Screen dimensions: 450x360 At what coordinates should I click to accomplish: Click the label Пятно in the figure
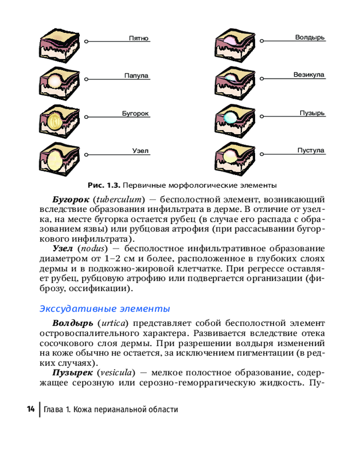point(139,39)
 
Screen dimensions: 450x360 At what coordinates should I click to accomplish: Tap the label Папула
point(136,76)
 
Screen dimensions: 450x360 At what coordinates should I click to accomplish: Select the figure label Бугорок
point(135,114)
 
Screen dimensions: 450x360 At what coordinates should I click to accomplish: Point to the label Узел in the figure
point(140,151)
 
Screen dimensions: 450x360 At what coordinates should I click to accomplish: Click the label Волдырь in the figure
point(310,37)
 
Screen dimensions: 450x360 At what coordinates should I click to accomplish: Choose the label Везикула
point(309,75)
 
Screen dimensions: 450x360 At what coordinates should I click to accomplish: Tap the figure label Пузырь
point(312,113)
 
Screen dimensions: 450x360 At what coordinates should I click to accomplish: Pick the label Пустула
point(310,150)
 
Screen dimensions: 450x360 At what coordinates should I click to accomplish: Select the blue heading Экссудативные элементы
point(105,309)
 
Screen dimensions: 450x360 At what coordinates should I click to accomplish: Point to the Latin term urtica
point(114,323)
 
